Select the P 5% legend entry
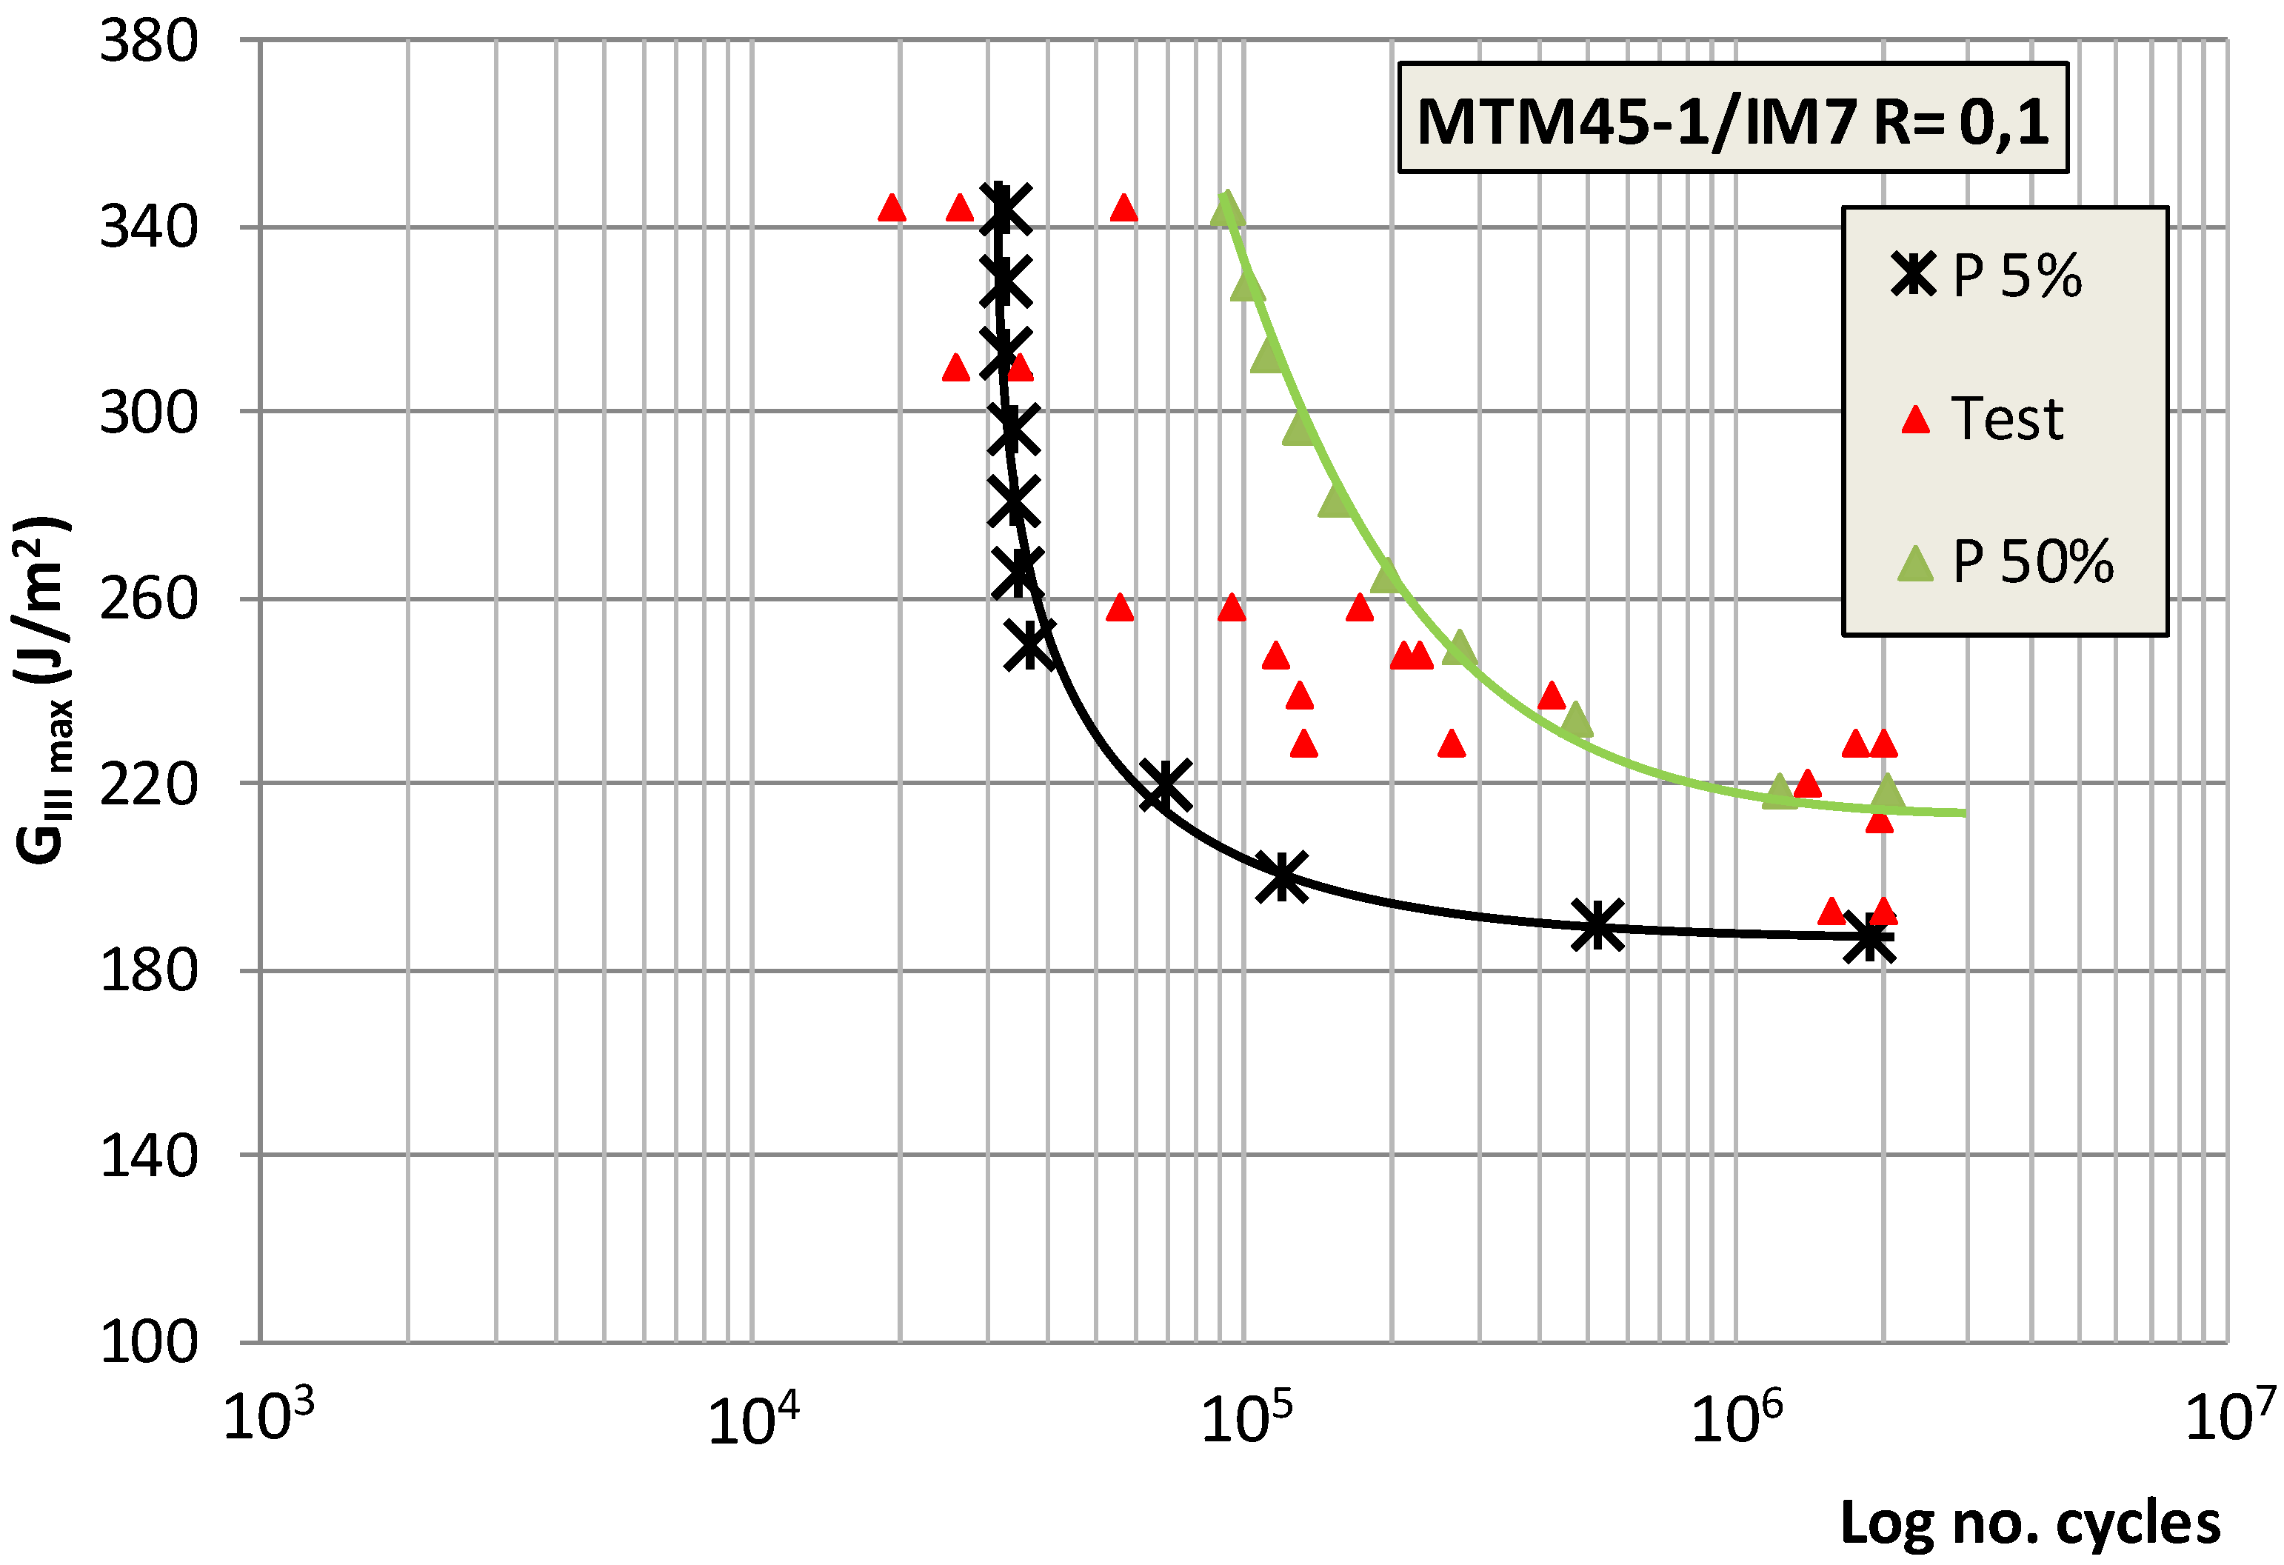pos(1986,276)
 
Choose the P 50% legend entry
pos(2005,561)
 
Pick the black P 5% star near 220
pos(1166,784)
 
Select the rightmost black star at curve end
pos(1869,939)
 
